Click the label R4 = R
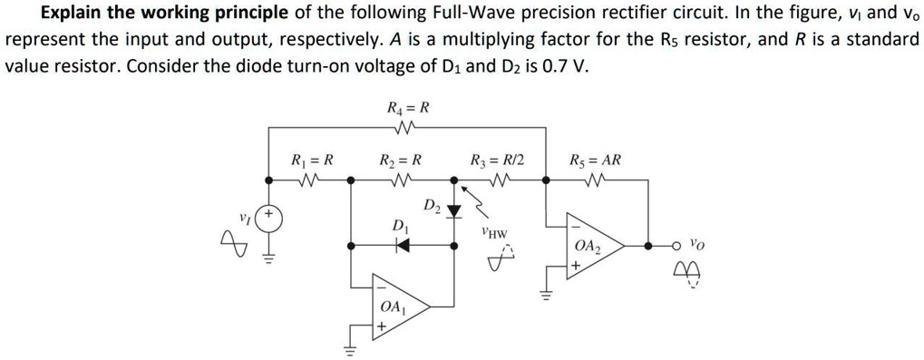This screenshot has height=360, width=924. pos(407,108)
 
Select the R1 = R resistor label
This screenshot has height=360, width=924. pos(312,161)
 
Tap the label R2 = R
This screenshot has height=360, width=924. pos(400,161)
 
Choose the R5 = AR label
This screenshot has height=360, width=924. pos(595,161)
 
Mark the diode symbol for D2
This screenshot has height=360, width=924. pos(455,210)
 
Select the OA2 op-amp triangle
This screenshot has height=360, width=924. pos(590,247)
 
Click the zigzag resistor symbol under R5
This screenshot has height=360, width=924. pos(595,180)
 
